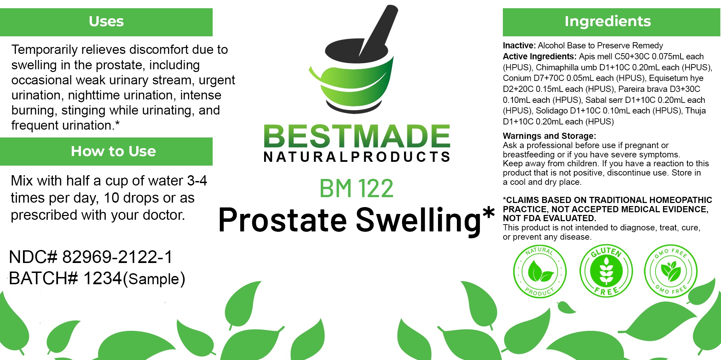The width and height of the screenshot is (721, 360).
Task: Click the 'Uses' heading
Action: coord(106,21)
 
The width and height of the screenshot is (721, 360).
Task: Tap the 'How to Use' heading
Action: coord(113,151)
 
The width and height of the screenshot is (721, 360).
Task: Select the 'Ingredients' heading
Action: coord(607,21)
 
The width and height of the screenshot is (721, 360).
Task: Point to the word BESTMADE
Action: coord(357,136)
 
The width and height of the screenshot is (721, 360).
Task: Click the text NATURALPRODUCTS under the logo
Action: coord(357,157)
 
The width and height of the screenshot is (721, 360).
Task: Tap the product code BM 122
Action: coord(356,188)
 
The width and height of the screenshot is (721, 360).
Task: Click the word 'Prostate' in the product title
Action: coord(283,220)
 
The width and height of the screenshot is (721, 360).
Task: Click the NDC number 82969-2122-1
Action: coord(117,257)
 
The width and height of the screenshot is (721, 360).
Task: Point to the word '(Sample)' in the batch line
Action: coord(154,279)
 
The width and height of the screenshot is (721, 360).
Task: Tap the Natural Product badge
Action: coord(540,272)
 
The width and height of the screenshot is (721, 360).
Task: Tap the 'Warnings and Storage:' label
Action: coord(549,136)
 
